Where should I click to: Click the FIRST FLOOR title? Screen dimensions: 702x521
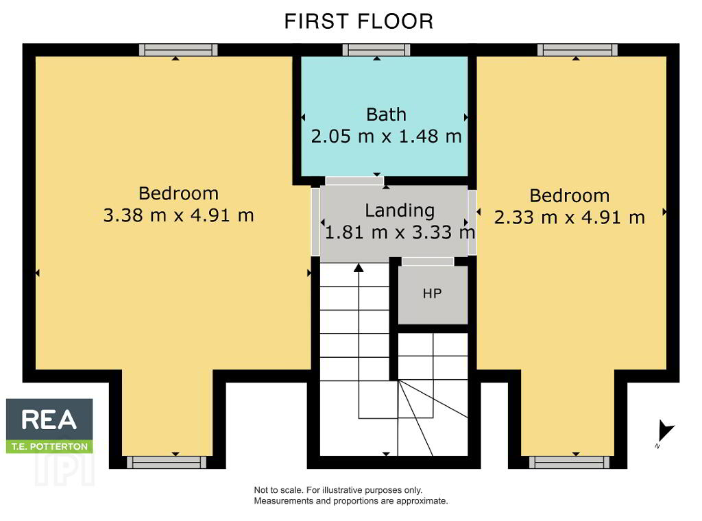(x=359, y=21)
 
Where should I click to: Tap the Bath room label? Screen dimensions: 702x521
(x=386, y=114)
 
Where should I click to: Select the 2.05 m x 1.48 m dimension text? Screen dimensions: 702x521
(x=386, y=136)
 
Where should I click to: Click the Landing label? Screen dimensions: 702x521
(x=400, y=210)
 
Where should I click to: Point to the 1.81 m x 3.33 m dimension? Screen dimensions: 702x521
(x=400, y=232)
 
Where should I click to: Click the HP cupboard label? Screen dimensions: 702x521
(x=432, y=293)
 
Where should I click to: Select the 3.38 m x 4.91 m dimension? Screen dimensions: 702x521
(x=179, y=215)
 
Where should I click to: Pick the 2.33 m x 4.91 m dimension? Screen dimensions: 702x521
(x=570, y=217)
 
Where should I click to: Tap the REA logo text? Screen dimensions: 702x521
(x=49, y=420)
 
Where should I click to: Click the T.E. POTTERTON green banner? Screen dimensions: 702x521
(x=49, y=446)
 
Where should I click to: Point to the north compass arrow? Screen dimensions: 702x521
(x=664, y=431)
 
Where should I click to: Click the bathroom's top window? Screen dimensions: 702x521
(x=376, y=49)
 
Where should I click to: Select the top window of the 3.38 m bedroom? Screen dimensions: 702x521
(x=178, y=49)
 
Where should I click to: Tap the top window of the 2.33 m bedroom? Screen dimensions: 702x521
(x=577, y=49)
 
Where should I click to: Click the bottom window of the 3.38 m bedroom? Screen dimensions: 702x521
(x=167, y=462)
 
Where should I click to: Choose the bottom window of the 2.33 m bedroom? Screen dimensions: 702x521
(x=569, y=462)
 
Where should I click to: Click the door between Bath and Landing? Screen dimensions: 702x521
(x=354, y=181)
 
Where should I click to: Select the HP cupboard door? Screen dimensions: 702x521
(x=428, y=262)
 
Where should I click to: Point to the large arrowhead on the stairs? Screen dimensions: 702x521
(x=358, y=267)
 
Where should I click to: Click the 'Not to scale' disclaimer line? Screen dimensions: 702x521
(x=338, y=490)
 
